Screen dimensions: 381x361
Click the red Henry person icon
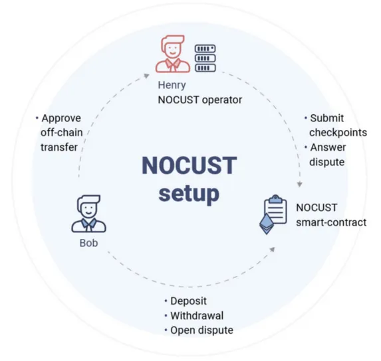coord(173,54)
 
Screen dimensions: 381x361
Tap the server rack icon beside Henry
coord(205,58)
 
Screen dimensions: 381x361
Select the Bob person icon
coord(88,214)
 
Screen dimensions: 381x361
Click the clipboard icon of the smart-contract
coord(275,209)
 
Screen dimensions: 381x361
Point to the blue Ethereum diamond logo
coord(267,224)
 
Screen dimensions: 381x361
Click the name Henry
coord(172,85)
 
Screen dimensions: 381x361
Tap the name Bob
coord(88,243)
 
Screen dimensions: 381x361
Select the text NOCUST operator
coord(200,100)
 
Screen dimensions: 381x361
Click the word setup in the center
coord(189,194)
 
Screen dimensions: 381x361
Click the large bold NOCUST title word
coord(190,165)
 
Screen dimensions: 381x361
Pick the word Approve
coord(61,118)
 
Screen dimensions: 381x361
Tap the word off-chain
coord(62,133)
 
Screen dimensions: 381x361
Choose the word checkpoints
coord(338,133)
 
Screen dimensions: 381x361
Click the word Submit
coord(327,118)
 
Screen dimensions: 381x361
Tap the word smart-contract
coord(331,222)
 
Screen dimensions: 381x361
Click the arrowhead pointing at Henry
coord(147,76)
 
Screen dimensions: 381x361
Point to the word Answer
coord(328,147)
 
